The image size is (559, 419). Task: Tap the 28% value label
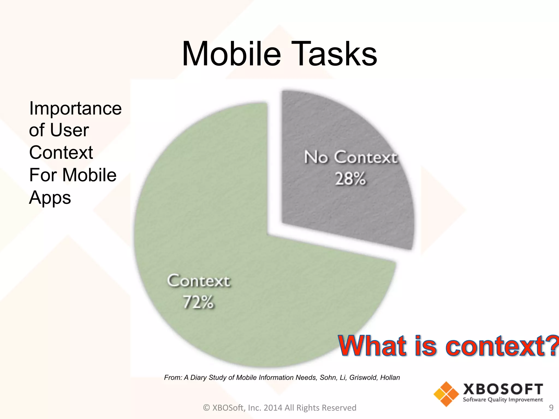click(x=350, y=179)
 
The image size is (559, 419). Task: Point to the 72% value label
click(x=198, y=302)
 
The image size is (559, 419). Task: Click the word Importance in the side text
click(x=75, y=108)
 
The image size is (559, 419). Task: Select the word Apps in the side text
click(x=50, y=197)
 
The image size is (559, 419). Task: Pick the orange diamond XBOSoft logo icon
click(x=446, y=394)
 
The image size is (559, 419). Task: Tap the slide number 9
click(x=551, y=408)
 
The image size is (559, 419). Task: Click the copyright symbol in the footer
click(x=207, y=408)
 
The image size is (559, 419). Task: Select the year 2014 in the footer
click(x=273, y=408)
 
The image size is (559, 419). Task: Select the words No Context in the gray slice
click(x=350, y=157)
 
